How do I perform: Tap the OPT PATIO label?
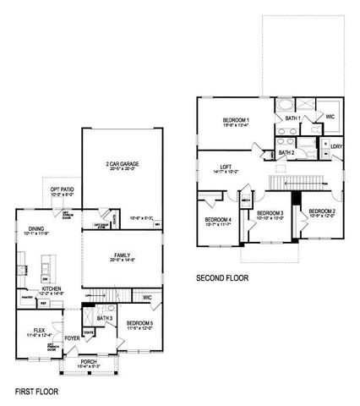coord(62,189)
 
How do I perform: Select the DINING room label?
coord(36,228)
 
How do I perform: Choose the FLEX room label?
coord(39,331)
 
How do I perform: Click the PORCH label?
coord(88,361)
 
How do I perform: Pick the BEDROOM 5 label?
coord(140,323)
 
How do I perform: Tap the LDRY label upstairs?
coord(336,146)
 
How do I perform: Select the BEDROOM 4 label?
coord(218,221)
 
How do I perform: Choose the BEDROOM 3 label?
coord(270,212)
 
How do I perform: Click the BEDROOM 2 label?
coord(322,211)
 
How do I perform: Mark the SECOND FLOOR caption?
coord(222,277)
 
